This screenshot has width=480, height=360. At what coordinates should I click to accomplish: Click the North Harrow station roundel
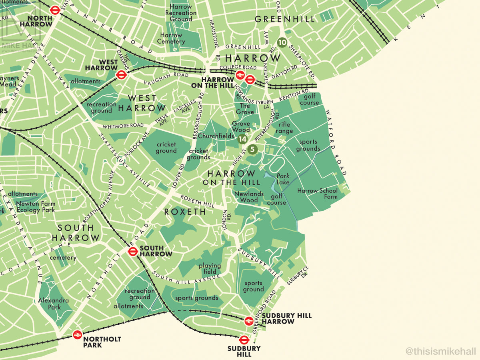[x=55, y=10]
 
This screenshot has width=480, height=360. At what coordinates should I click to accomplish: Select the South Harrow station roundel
[x=133, y=251]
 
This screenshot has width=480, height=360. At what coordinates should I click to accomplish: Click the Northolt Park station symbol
[x=77, y=334]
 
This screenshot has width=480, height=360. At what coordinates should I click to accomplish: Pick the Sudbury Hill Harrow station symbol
[x=248, y=320]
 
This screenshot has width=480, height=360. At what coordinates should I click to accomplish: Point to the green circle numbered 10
[x=282, y=42]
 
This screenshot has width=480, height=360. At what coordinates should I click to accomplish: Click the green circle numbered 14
[x=242, y=139]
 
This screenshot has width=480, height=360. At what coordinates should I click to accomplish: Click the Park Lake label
[x=283, y=179]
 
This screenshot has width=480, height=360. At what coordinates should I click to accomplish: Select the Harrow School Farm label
[x=317, y=194]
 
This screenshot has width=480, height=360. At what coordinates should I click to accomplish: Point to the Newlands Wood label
[x=249, y=197]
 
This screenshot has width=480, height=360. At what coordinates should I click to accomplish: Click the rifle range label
[x=284, y=128]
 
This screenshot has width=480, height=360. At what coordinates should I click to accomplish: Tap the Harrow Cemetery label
[x=171, y=38]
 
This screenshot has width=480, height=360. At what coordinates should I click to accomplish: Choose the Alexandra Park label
[x=54, y=304]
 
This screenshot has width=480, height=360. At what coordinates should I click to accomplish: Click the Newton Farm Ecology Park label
[x=35, y=206]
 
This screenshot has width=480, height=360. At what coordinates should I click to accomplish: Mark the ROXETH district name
[x=185, y=212]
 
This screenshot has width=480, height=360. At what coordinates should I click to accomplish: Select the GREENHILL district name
[x=285, y=19]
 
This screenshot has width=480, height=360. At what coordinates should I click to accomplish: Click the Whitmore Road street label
[x=123, y=126]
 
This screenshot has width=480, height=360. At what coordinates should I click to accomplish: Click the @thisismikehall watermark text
[x=440, y=352]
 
